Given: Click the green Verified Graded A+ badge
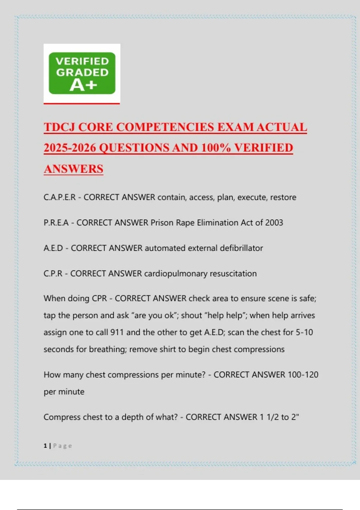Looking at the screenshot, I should [x=82, y=73].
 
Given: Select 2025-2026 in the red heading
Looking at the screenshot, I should [x=70, y=148].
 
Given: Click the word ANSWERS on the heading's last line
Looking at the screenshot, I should [x=73, y=169].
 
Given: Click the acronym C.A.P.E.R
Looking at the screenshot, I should [x=59, y=197].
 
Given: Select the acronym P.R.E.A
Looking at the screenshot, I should [x=56, y=223].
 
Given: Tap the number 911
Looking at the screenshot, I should [x=117, y=332].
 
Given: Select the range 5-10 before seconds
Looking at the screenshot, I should [x=304, y=332].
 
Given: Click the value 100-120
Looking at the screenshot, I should [x=303, y=375].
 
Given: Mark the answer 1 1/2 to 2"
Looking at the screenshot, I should [x=279, y=417].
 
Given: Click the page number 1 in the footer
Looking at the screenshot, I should [x=45, y=446].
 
